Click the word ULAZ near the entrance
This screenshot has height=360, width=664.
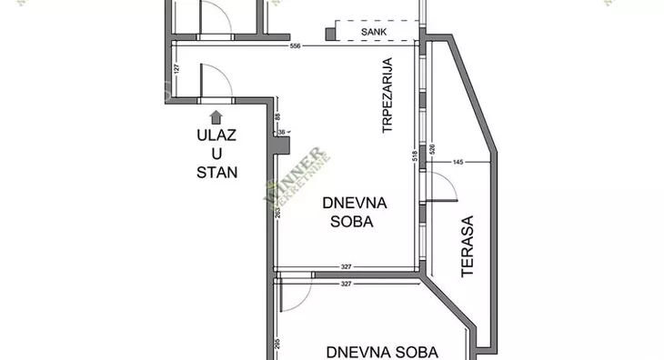point(216,135)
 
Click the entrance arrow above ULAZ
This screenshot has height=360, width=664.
point(216,115)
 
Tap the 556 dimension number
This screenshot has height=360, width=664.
point(295,46)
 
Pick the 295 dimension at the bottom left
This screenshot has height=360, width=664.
point(277,345)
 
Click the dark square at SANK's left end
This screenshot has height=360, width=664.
point(331,34)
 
